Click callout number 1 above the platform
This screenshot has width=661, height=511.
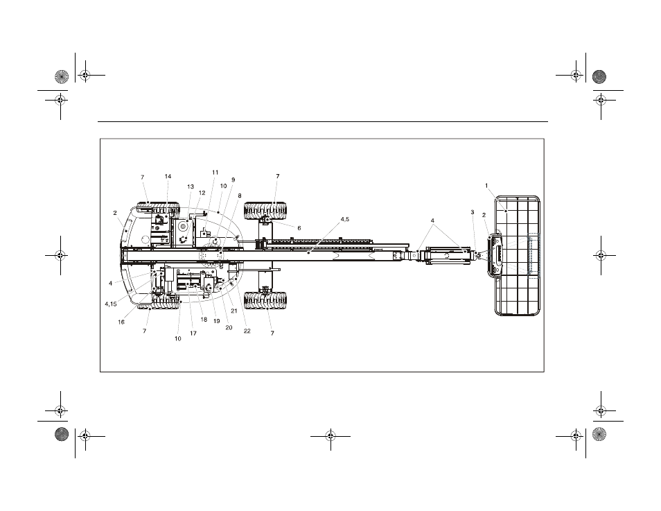pos(486,186)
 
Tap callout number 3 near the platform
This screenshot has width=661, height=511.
pos(473,212)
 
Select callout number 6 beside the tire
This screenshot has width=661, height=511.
pos(299,228)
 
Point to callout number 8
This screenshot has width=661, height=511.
pos(240,196)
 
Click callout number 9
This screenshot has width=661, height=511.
pos(233,180)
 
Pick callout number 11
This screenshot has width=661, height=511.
pos(215,172)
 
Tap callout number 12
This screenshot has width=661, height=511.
pos(202,193)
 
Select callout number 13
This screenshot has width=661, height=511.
pos(191,187)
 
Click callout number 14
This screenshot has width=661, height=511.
pos(168,176)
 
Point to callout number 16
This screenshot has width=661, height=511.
pos(121,322)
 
